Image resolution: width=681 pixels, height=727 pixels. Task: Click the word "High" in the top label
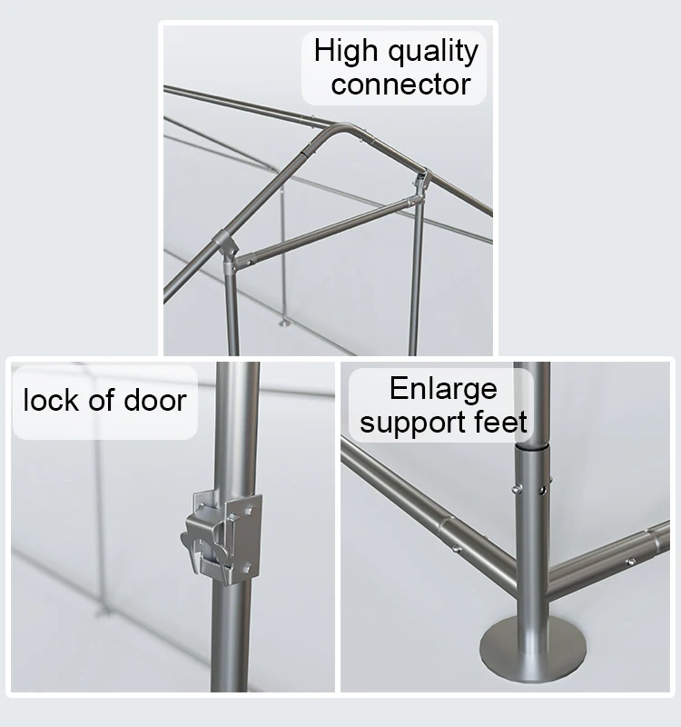tap(346, 50)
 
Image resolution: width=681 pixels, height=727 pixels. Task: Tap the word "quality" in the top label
tap(433, 52)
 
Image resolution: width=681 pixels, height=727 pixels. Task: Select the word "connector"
tap(400, 85)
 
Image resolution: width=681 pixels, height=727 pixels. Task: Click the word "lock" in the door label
tap(52, 400)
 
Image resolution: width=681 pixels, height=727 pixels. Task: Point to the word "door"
tap(155, 400)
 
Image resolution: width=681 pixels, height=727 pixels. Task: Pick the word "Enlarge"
tap(443, 390)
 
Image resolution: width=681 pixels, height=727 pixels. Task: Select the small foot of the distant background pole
tap(283, 322)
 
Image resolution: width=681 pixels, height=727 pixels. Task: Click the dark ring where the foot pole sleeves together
tap(532, 448)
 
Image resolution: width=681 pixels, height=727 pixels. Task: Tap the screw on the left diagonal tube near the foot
tap(457, 549)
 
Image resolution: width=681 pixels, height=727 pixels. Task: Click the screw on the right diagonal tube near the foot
tap(630, 562)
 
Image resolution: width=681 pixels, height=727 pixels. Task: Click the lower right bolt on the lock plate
tap(247, 566)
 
